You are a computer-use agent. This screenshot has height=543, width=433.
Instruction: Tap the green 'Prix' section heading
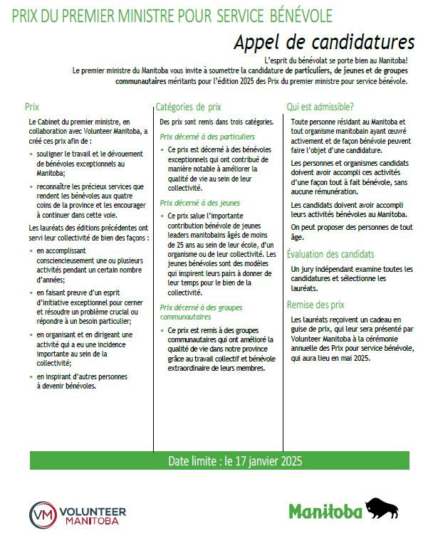(32, 107)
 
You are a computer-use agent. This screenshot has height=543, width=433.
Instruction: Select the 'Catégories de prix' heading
(188, 107)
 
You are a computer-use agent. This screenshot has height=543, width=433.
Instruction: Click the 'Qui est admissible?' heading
(320, 107)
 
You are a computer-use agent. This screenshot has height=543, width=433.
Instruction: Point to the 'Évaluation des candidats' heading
(330, 254)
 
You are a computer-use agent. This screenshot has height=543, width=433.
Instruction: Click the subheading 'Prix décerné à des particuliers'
(207, 135)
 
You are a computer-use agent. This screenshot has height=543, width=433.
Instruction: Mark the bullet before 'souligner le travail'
(32, 153)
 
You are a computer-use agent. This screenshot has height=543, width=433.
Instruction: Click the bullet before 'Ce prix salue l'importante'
(163, 214)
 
